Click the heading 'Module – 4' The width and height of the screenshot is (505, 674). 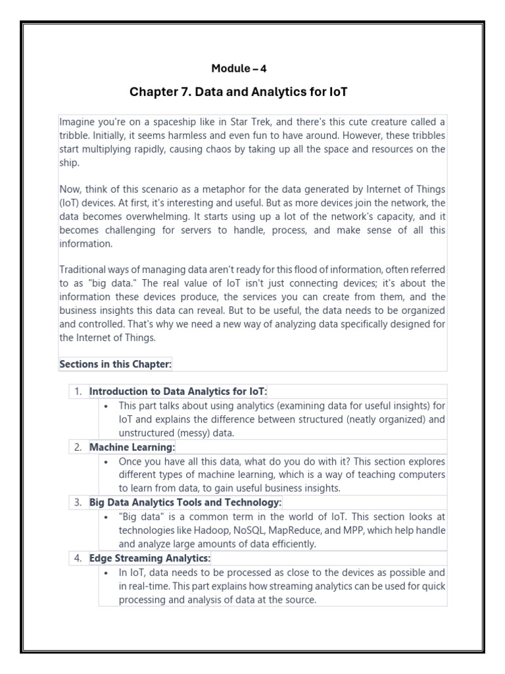click(239, 68)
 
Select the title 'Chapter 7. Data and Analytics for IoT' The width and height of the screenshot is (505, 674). click(238, 92)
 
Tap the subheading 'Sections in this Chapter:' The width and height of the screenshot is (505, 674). click(115, 364)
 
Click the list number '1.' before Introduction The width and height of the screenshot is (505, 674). click(78, 391)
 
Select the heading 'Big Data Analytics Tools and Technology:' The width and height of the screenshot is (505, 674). click(185, 502)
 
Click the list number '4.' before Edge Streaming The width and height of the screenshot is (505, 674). click(78, 558)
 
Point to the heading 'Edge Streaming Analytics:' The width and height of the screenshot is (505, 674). click(150, 558)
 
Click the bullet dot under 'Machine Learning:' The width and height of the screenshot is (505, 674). click(106, 461)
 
